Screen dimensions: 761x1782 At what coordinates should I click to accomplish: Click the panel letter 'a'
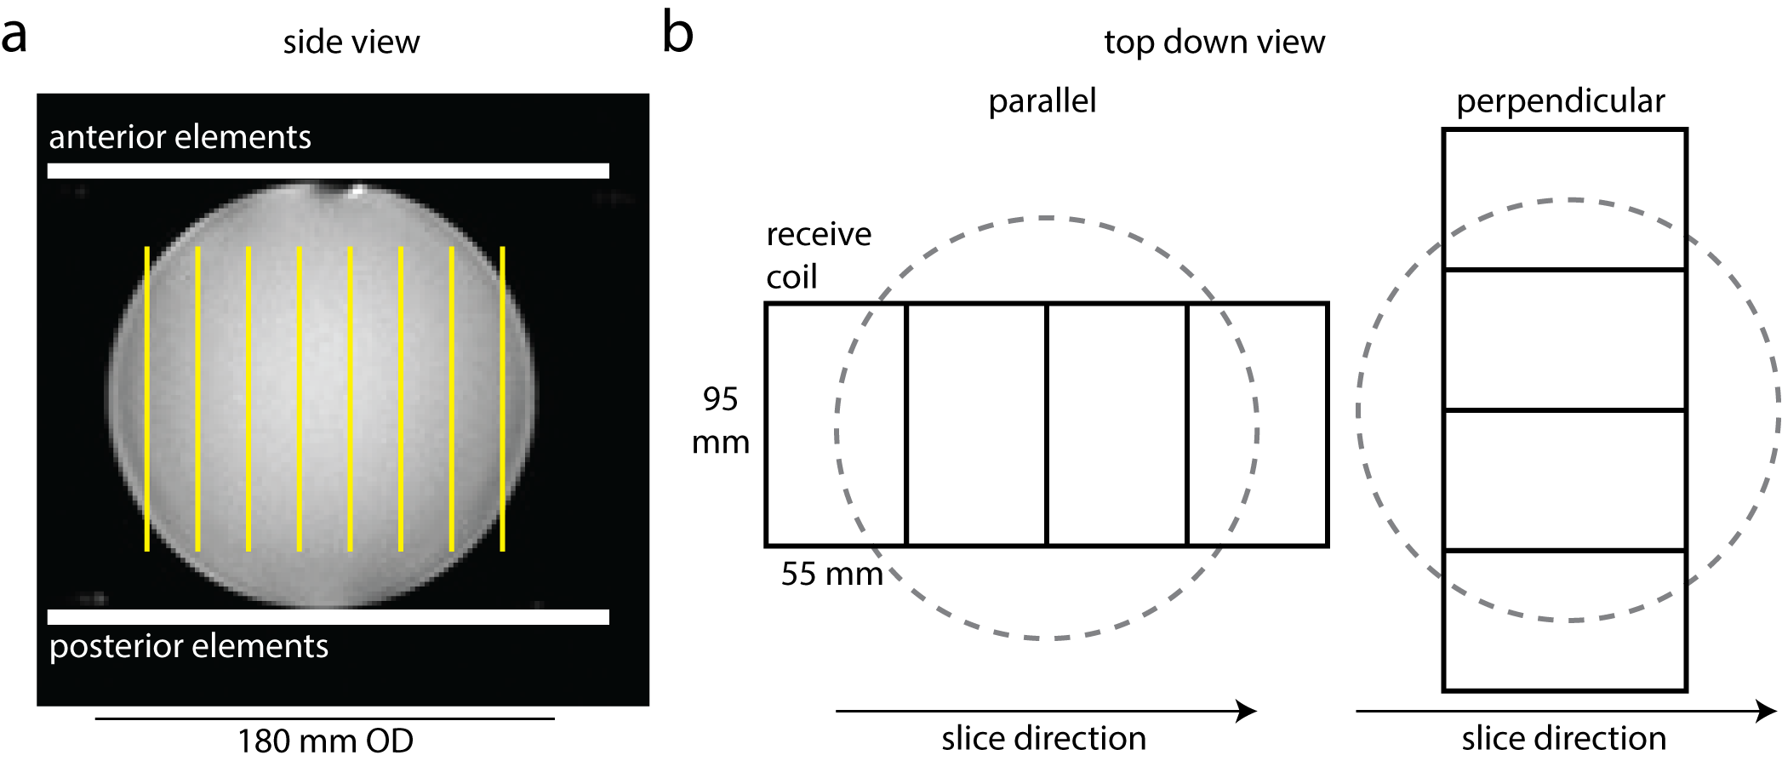[14, 36]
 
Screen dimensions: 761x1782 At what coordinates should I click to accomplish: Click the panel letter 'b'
[677, 34]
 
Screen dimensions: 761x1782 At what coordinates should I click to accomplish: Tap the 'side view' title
[351, 42]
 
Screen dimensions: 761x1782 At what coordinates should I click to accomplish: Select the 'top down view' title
[1214, 42]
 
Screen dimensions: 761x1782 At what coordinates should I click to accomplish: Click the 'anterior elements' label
[180, 137]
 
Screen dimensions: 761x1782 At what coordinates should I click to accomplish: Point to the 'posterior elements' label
[188, 646]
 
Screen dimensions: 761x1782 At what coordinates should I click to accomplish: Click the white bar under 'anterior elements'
[328, 171]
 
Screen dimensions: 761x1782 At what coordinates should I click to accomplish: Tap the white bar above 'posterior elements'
[328, 617]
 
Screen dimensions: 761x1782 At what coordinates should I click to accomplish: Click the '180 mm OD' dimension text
[325, 741]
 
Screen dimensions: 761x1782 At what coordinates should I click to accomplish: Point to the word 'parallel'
[1042, 101]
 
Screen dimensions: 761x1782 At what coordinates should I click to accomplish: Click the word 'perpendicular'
[1560, 101]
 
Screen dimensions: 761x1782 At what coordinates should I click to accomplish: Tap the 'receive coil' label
[818, 255]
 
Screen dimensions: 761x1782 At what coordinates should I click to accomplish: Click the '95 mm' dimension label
[720, 421]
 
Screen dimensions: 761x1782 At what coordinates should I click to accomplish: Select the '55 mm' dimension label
[831, 574]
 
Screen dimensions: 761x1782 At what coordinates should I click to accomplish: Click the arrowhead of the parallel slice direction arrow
[1248, 711]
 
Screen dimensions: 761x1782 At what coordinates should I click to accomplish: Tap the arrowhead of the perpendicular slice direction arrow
[1768, 711]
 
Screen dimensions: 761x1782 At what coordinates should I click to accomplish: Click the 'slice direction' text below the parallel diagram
[1043, 738]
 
